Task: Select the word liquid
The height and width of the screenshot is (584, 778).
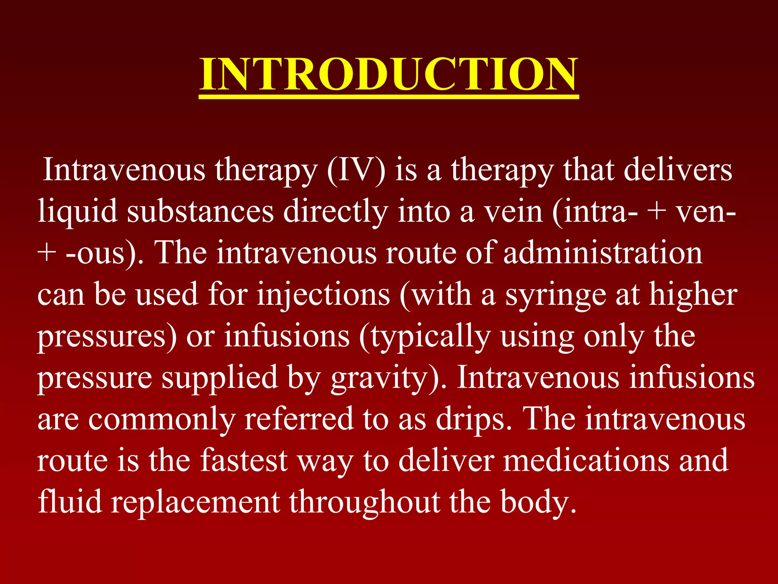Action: (x=77, y=211)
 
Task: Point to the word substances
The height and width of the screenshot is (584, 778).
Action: (x=200, y=211)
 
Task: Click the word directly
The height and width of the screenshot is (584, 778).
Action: (x=336, y=212)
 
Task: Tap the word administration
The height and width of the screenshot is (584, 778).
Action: (x=603, y=253)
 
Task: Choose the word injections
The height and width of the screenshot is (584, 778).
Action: (x=323, y=295)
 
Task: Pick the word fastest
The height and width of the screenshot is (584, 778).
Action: (x=244, y=461)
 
